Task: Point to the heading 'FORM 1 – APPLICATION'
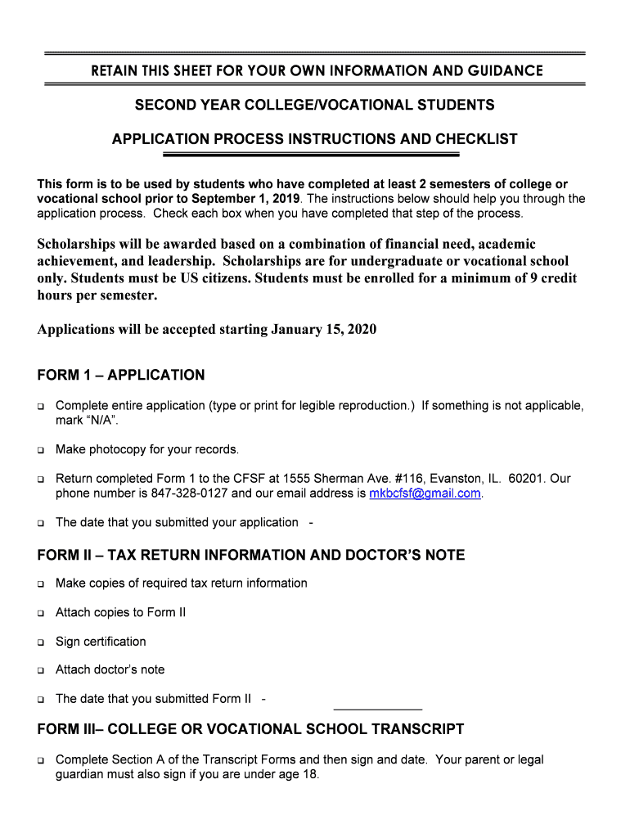pos(121,376)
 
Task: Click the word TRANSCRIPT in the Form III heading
pos(417,729)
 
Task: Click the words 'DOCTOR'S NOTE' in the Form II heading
pos(401,555)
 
